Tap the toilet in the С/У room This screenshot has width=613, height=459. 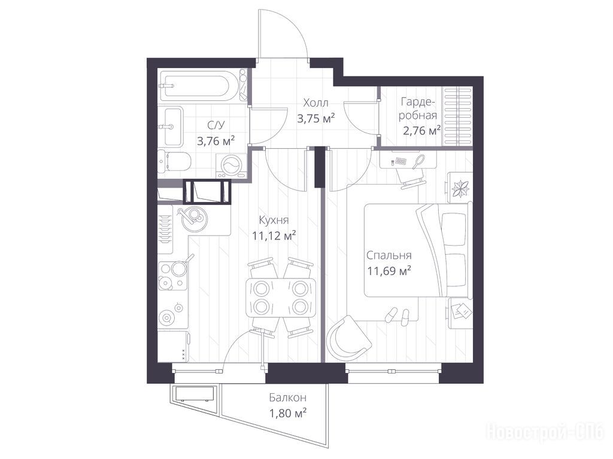[175, 161]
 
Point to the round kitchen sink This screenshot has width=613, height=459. [193, 219]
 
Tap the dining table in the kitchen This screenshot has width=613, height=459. [281, 298]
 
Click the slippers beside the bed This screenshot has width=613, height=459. [397, 315]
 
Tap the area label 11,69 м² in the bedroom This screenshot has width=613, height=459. [389, 271]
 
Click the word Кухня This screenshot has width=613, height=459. [274, 220]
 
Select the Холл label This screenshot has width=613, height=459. [315, 103]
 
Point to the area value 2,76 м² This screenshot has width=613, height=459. [421, 130]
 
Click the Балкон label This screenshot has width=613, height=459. [287, 397]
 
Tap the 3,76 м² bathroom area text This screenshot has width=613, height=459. [216, 140]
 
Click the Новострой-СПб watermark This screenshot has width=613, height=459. [545, 433]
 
